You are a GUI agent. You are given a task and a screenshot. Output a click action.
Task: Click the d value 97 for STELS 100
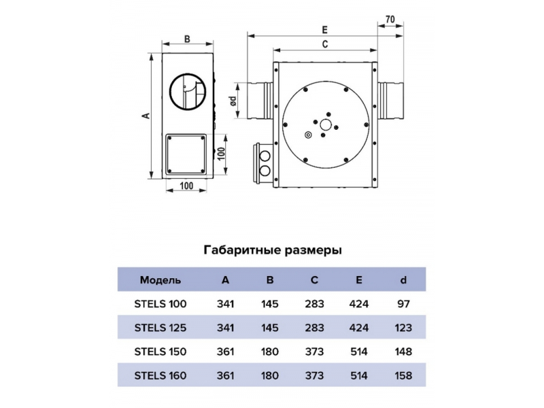point(403,304)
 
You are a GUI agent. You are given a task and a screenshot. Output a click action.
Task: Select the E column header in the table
point(359,280)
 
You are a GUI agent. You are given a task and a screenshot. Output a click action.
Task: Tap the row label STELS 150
point(160,352)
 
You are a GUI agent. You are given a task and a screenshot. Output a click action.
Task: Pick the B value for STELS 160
point(269,375)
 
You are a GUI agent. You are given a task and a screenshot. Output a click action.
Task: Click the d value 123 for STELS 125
point(403,328)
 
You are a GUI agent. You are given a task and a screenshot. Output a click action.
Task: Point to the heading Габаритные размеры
point(273,250)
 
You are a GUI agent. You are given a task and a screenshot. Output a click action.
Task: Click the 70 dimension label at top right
point(390,20)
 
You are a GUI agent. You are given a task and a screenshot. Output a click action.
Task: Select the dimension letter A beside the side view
point(146,115)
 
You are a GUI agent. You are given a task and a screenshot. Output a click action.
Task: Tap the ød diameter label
point(233,101)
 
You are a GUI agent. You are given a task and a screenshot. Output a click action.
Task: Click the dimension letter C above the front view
point(325,44)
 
